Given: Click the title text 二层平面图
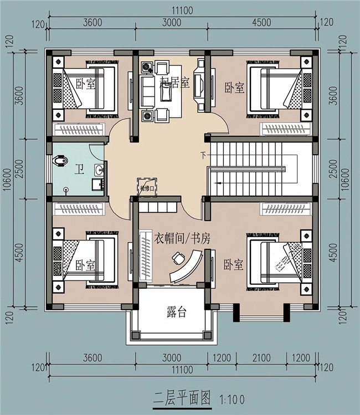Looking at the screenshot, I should pyautogui.click(x=182, y=398).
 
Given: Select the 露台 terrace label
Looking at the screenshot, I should pyautogui.click(x=176, y=312).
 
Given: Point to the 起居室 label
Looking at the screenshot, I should pyautogui.click(x=175, y=83).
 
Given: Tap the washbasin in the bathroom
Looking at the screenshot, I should pyautogui.click(x=99, y=169).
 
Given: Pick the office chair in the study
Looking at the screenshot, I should pyautogui.click(x=179, y=258).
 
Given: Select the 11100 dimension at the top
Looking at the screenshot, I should pyautogui.click(x=182, y=10).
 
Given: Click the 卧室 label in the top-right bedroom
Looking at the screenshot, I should pyautogui.click(x=234, y=88).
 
